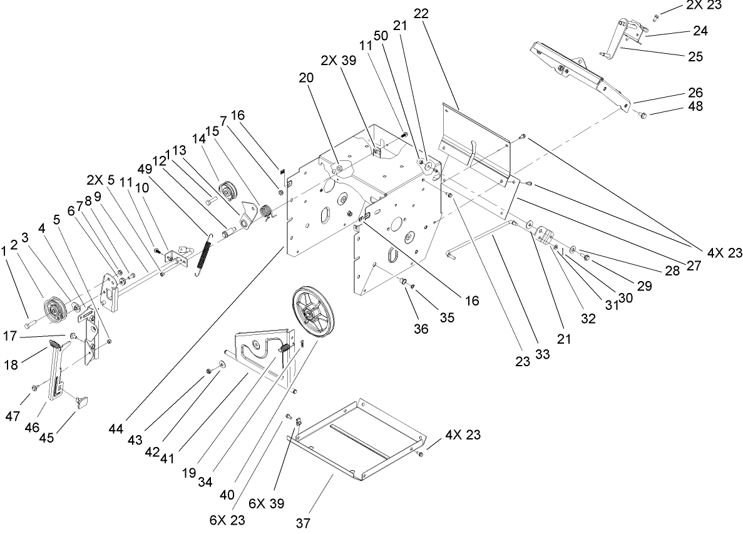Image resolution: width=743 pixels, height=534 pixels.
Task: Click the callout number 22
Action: pos(421,14)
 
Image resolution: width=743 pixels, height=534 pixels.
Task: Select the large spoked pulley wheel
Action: pos(314,312)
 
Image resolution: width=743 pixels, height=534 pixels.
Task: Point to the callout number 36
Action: pos(421,328)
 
